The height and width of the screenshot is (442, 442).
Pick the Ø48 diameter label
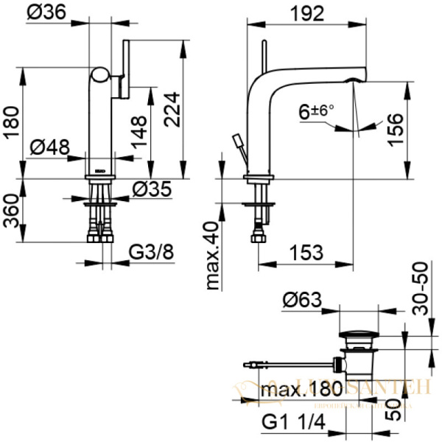(x=50, y=147)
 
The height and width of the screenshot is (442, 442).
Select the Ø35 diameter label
(x=152, y=189)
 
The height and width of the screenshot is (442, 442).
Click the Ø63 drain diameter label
(x=303, y=300)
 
